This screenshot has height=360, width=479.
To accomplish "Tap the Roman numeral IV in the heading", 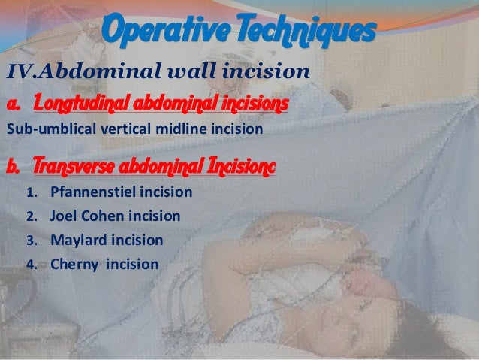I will point(20,73).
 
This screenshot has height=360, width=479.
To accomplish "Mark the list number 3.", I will point(32,241).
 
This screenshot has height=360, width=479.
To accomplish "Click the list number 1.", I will point(32,193).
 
